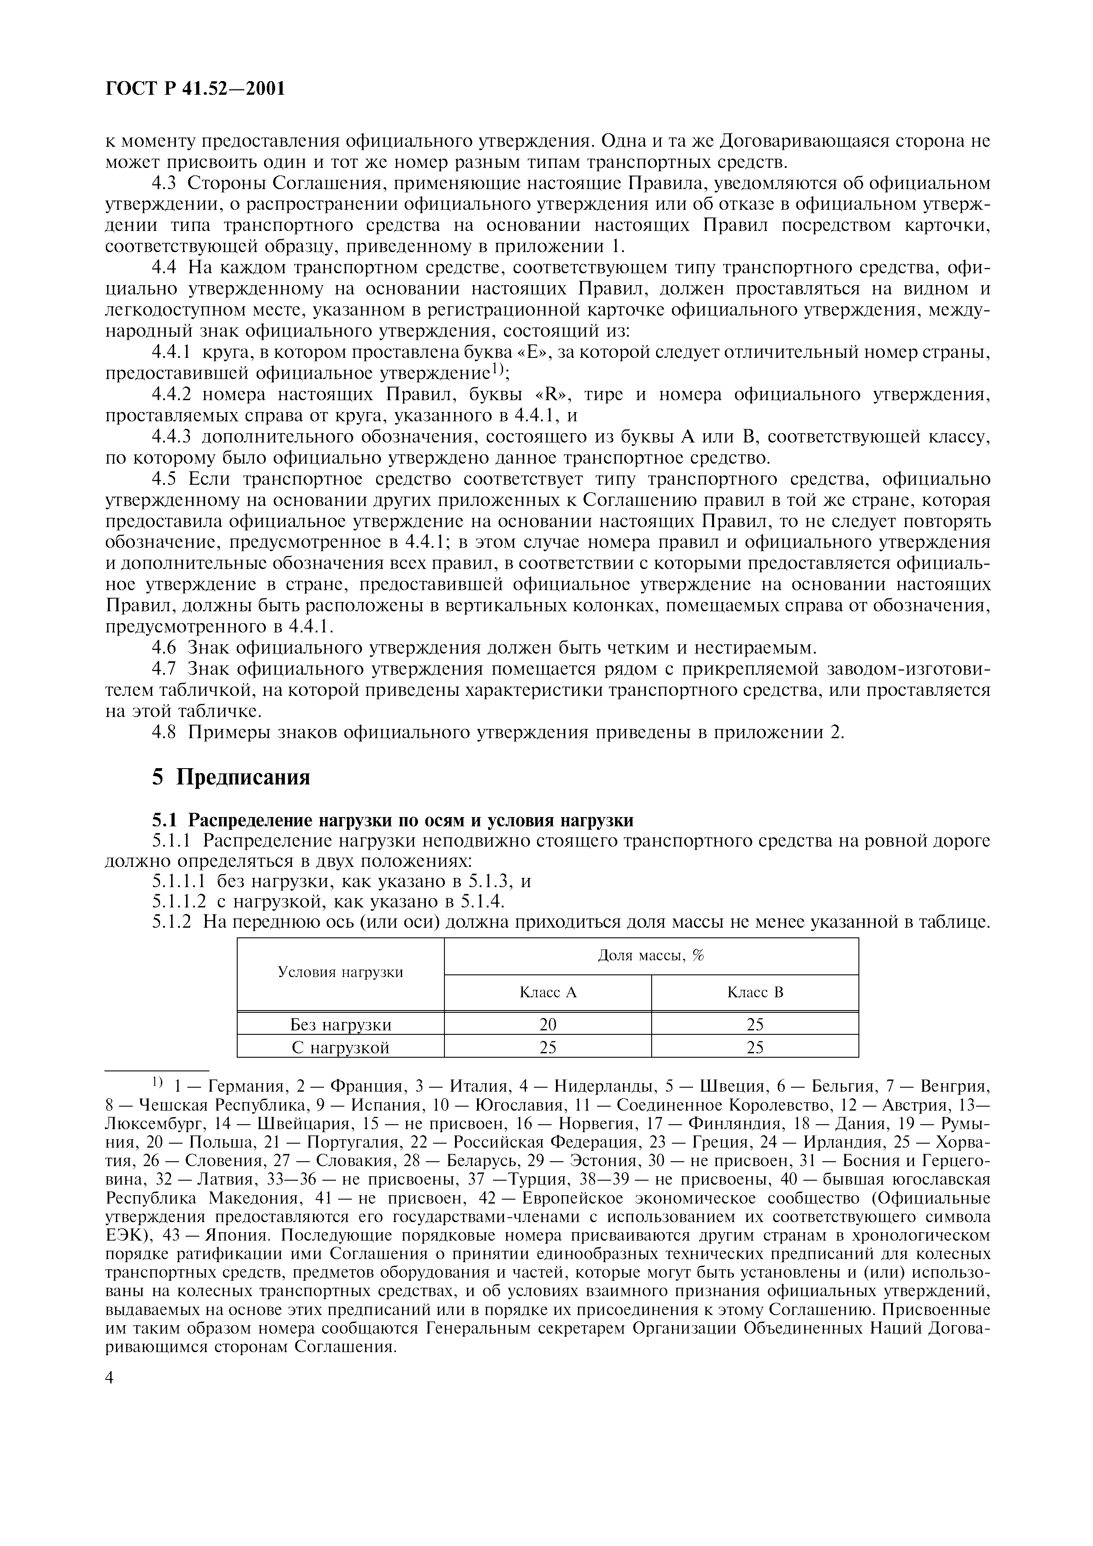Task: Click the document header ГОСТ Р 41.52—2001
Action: [195, 88]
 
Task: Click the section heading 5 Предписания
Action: [231, 777]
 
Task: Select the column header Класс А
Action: [548, 992]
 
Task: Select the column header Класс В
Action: [755, 992]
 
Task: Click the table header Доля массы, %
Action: [650, 955]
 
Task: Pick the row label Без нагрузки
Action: [341, 1025]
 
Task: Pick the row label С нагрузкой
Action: [341, 1047]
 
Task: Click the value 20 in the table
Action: [548, 1025]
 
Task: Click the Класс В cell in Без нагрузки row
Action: [755, 1025]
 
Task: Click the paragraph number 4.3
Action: [164, 183]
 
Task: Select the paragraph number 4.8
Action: [164, 732]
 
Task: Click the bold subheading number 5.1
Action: [166, 821]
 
